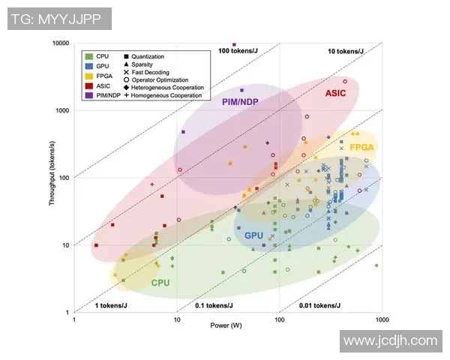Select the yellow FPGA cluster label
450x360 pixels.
pyautogui.click(x=361, y=148)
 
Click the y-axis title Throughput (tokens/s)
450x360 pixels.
pyautogui.click(x=53, y=178)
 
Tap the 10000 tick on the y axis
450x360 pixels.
pyautogui.click(x=60, y=43)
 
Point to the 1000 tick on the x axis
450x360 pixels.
pyautogui.click(x=382, y=319)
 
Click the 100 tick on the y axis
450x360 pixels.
pyautogui.click(x=64, y=178)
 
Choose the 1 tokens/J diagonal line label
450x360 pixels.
pyautogui.click(x=109, y=305)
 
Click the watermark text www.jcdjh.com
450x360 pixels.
pyautogui.click(x=389, y=340)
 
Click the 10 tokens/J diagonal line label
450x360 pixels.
pyautogui.click(x=346, y=51)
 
